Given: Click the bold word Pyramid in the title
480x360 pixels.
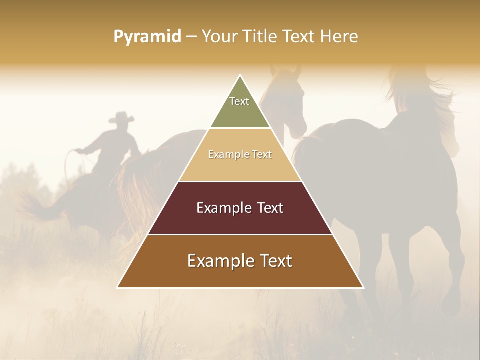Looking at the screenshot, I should [x=147, y=37].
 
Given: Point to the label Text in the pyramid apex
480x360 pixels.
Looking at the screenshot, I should [x=239, y=101].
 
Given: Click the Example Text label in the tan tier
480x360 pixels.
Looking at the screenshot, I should [x=240, y=154].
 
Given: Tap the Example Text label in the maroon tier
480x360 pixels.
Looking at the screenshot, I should [x=240, y=208].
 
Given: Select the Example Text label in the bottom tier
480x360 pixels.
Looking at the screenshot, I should [x=240, y=261].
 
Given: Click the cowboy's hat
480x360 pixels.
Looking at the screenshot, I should [x=121, y=118].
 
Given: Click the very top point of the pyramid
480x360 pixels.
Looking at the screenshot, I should [x=240, y=75].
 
